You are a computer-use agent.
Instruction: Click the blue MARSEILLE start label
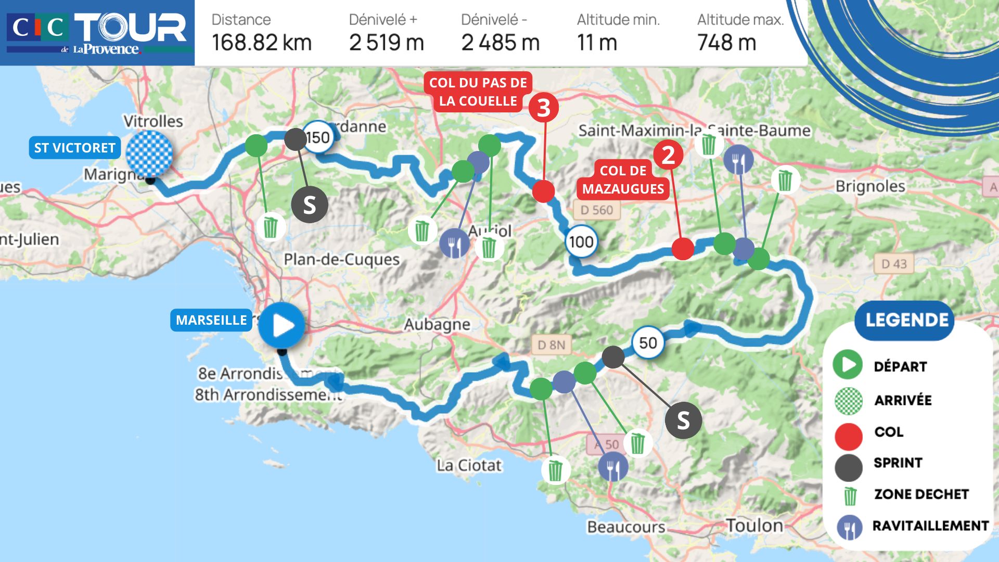coord(211,320)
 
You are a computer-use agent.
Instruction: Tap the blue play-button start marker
coord(281,325)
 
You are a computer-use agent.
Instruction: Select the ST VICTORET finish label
coord(75,148)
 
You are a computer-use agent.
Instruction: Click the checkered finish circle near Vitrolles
coord(149,154)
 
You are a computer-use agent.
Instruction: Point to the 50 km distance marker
coord(648,343)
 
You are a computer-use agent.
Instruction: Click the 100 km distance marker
coord(581,242)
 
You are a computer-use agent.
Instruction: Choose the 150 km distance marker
coord(318,137)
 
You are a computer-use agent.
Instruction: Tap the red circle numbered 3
coord(544,108)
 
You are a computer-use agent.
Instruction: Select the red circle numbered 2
coord(668,155)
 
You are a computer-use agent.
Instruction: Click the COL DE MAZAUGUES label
coord(623,180)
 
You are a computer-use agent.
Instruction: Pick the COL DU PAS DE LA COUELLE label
coord(478,92)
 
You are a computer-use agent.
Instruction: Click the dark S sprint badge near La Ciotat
coord(683,420)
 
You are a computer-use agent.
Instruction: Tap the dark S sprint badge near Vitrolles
coord(310,205)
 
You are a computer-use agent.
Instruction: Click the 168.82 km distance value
coord(262,43)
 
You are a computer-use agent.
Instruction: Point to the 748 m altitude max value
coord(726,43)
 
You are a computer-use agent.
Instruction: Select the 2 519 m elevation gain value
coord(387,43)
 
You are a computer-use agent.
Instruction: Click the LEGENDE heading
coord(907,320)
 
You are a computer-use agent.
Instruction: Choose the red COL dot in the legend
coord(849,436)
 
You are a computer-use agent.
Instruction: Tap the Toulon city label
coord(754,526)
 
